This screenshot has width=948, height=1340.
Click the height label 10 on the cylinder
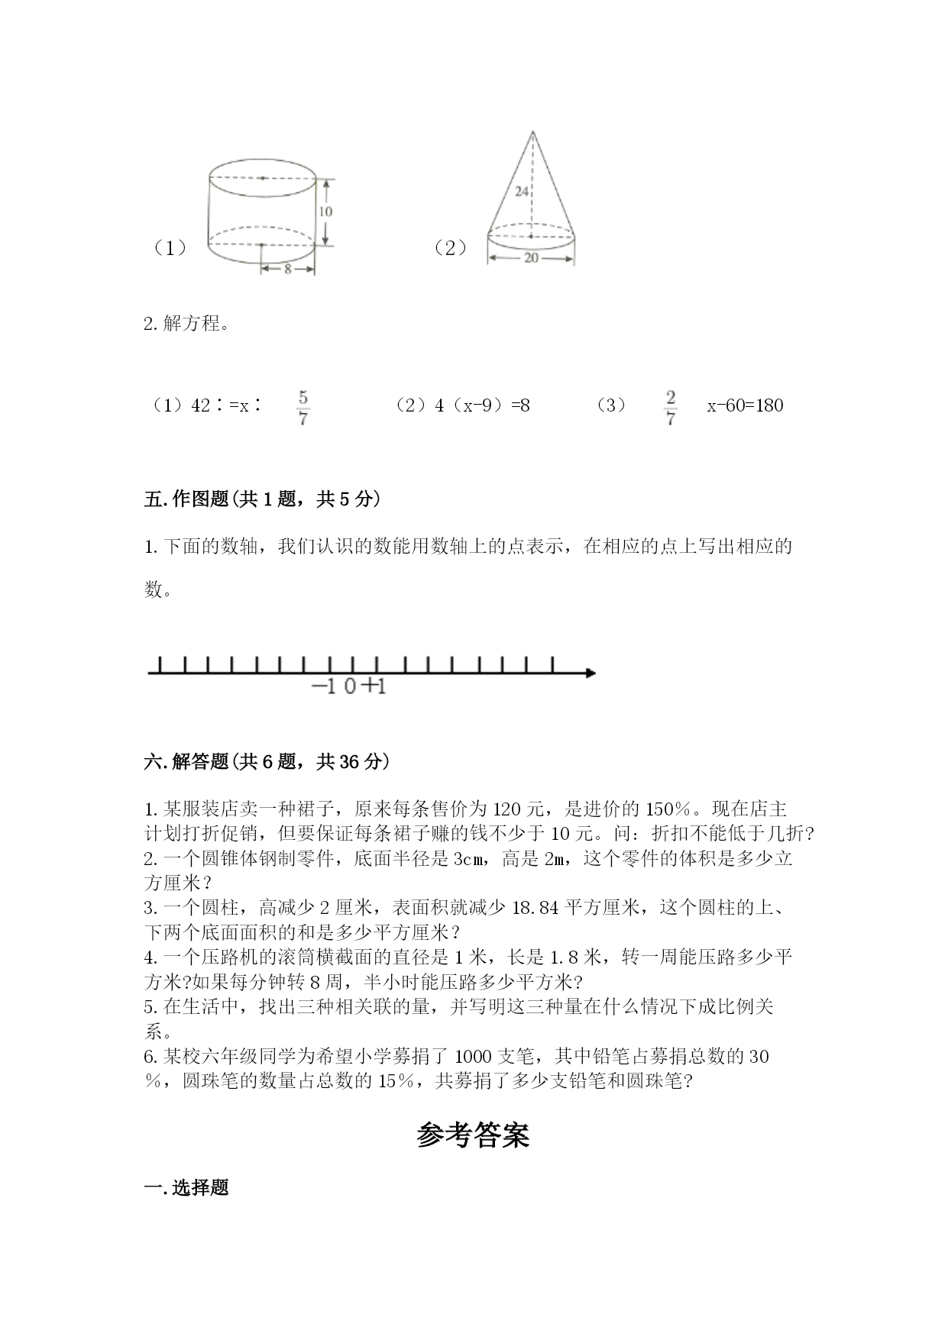pyautogui.click(x=325, y=211)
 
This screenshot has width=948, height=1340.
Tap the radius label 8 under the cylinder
pyautogui.click(x=287, y=269)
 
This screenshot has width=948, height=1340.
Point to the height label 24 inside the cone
pyautogui.click(x=522, y=192)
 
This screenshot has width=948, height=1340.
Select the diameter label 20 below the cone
pyautogui.click(x=531, y=258)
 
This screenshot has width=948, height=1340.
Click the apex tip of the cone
pyautogui.click(x=532, y=132)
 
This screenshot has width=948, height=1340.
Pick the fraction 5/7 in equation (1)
pyautogui.click(x=303, y=408)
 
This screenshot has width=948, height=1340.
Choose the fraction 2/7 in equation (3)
pyautogui.click(x=670, y=408)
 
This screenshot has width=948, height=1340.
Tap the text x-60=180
pyautogui.click(x=745, y=405)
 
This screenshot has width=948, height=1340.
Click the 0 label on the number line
pyautogui.click(x=350, y=686)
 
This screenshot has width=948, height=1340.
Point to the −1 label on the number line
pyautogui.click(x=324, y=686)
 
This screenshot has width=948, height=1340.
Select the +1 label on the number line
pyautogui.click(x=374, y=686)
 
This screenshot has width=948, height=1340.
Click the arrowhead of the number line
pyautogui.click(x=590, y=673)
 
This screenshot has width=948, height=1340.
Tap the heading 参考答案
pyautogui.click(x=473, y=1135)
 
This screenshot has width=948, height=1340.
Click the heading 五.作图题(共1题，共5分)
pyautogui.click(x=262, y=499)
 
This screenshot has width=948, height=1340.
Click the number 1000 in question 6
pyautogui.click(x=472, y=1056)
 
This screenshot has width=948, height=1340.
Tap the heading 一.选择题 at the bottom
pyautogui.click(x=186, y=1188)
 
